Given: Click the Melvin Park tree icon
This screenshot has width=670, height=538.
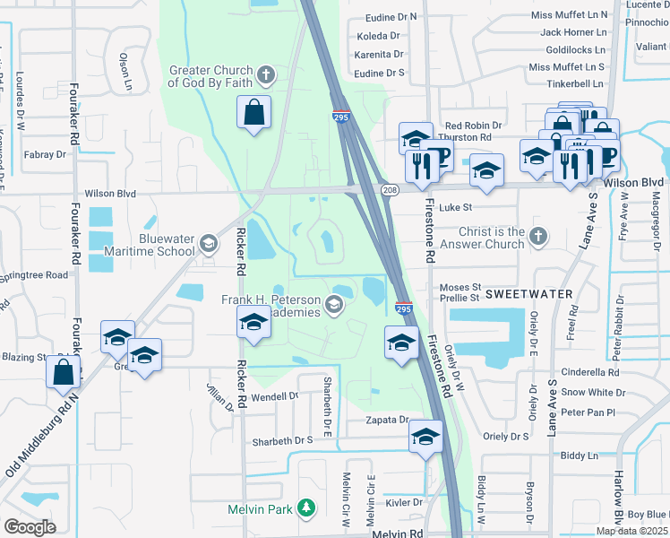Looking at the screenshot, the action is tap(306, 508).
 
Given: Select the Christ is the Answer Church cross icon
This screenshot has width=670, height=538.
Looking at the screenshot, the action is tap(537, 237).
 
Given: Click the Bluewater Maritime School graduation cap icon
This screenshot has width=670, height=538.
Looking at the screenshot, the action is tap(209, 243).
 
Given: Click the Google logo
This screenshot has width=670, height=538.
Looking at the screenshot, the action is tap(30, 526).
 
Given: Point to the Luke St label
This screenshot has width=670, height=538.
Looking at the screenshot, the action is tap(455, 207).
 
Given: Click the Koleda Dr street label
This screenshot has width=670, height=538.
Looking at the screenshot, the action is tap(378, 36).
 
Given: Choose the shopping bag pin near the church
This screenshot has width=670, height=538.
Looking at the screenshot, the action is tap(254, 113).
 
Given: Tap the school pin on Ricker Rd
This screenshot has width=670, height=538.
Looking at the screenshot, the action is tap(253, 323).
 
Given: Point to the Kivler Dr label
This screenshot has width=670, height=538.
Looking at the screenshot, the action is tap(404, 502).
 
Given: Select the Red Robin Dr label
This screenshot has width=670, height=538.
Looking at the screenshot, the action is tap(473, 126).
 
